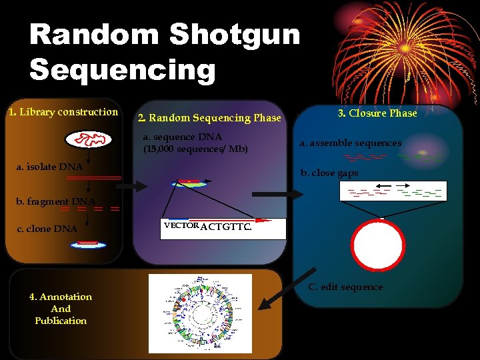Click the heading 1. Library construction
pyautogui.click(x=63, y=112)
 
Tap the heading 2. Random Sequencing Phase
pyautogui.click(x=209, y=118)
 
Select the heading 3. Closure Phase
pyautogui.click(x=377, y=113)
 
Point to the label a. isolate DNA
pyautogui.click(x=49, y=167)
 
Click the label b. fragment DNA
pyautogui.click(x=56, y=201)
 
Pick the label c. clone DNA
pyautogui.click(x=47, y=229)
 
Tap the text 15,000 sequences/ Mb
pyautogui.click(x=195, y=149)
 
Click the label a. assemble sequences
pyautogui.click(x=351, y=143)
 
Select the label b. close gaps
pyautogui.click(x=329, y=173)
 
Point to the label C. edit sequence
pyautogui.click(x=345, y=287)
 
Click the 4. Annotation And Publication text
pyautogui.click(x=61, y=309)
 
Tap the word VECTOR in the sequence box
pyautogui.click(x=181, y=226)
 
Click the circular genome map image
pyautogui.click(x=200, y=313)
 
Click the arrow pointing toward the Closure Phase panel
pyautogui.click(x=286, y=193)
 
